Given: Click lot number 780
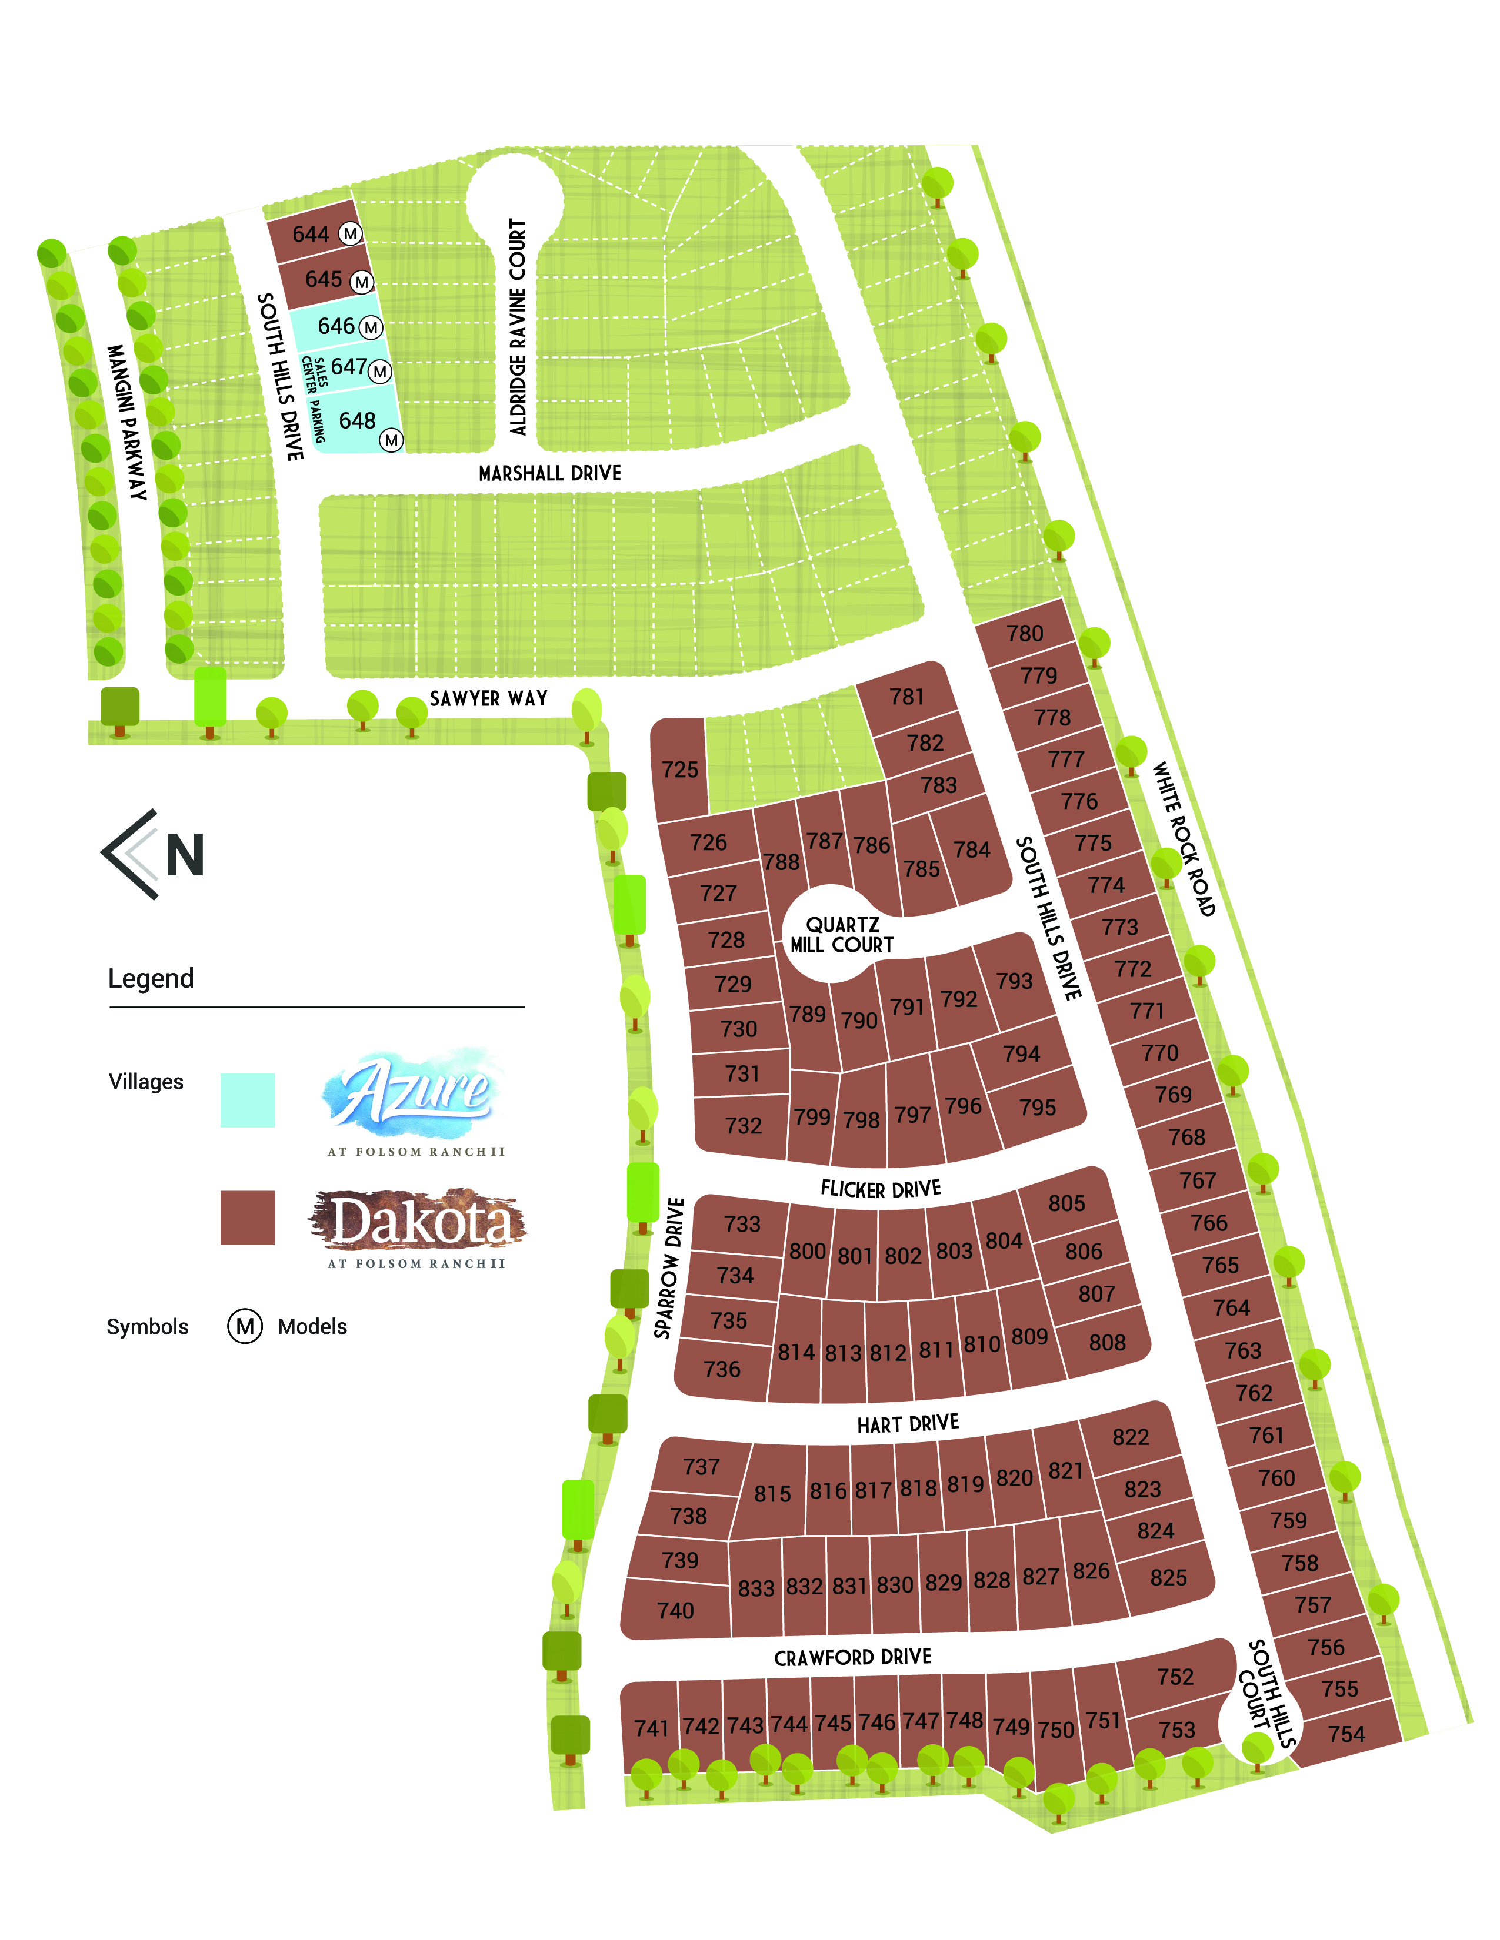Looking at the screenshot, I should [x=1025, y=633].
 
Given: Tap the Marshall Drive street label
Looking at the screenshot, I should [x=550, y=473].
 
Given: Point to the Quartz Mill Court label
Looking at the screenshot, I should [x=842, y=935].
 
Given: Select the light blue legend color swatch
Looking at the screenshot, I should [x=247, y=1100].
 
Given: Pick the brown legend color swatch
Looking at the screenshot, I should [x=247, y=1218].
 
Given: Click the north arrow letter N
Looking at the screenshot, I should [x=185, y=855].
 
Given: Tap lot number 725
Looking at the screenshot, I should [x=680, y=770].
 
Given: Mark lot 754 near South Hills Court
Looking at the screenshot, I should [x=1345, y=1734].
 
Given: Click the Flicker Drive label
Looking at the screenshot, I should [x=881, y=1189].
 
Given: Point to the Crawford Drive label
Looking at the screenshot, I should [x=852, y=1658].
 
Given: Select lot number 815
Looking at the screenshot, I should [x=772, y=1494].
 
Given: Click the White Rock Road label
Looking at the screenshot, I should [x=1183, y=838].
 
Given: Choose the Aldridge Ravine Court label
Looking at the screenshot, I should [x=518, y=327].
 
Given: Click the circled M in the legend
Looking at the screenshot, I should [x=245, y=1326].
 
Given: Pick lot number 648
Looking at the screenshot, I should [x=357, y=420].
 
